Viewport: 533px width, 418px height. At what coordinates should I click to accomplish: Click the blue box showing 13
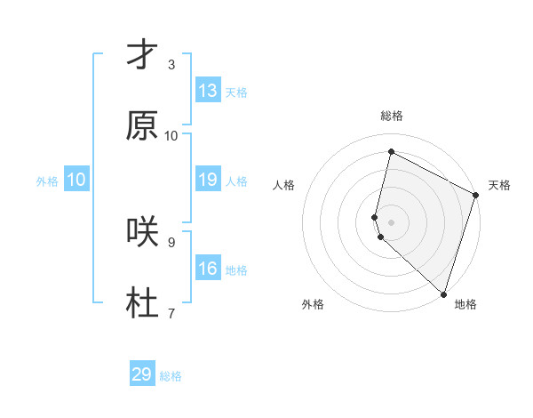208,91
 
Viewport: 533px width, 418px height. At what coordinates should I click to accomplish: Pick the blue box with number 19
208,180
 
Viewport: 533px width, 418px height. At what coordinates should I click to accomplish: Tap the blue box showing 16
208,269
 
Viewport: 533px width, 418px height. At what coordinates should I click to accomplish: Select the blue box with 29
142,374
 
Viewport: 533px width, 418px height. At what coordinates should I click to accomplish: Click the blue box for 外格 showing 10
76,180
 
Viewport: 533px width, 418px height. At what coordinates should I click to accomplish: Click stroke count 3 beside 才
171,65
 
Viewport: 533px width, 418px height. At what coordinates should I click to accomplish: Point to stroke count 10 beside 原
171,135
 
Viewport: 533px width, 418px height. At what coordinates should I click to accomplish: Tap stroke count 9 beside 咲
171,241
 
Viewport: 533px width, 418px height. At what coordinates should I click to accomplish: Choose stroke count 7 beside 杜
171,312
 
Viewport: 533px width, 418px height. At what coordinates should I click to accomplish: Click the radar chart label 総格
392,116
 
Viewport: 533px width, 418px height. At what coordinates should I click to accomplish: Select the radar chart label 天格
499,185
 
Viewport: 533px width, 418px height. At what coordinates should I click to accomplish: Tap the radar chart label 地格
465,304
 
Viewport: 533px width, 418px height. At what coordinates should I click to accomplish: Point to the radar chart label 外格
313,304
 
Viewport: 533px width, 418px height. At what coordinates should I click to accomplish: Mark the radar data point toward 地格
443,293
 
